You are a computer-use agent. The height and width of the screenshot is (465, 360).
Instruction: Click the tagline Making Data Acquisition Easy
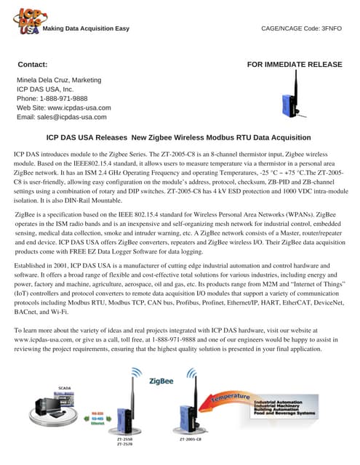coord(86,28)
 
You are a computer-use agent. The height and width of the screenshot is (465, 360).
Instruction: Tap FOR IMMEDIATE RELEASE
coord(295,65)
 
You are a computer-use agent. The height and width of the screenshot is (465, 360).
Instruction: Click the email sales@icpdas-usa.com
coord(72,117)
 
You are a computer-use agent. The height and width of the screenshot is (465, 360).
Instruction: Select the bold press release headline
coord(178,137)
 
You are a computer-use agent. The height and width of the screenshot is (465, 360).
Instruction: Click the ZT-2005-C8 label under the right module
coord(190,440)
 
